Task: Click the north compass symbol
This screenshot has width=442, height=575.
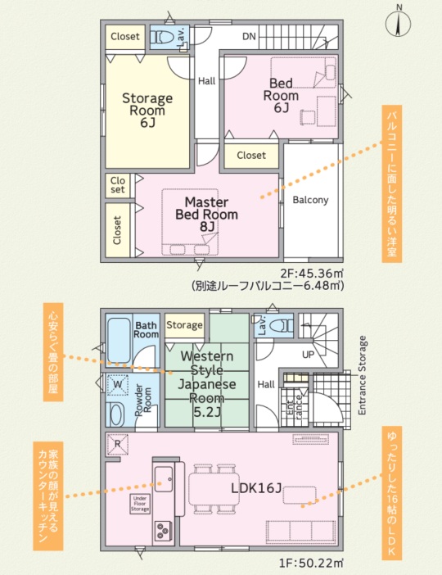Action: pos(398,21)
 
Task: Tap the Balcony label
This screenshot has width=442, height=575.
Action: pos(310,200)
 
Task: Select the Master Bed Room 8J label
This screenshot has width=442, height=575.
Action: pos(207,214)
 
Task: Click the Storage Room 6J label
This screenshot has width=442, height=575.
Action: pos(147,110)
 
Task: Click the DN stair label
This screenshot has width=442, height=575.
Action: pos(249,36)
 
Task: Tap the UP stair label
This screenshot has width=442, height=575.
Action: pos(309,355)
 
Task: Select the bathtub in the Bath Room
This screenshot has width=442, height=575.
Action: pos(119,341)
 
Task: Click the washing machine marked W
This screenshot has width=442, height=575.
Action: pos(118,385)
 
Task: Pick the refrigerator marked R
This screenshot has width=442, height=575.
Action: pos(118,444)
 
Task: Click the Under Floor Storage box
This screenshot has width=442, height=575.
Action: pos(140,504)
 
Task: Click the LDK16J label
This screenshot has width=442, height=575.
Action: pos(256,488)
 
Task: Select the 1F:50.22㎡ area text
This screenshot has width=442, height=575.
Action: pos(312,562)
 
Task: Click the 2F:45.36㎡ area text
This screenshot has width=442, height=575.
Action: pos(312,274)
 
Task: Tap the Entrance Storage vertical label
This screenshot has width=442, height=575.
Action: pos(362,375)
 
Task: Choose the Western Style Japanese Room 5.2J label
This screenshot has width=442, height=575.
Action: pos(207,384)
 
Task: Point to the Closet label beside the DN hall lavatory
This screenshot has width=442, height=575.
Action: pos(125,36)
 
